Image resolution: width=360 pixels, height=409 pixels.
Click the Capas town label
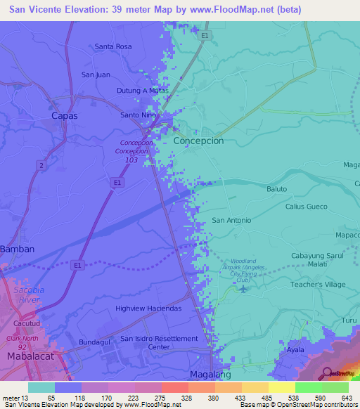64,115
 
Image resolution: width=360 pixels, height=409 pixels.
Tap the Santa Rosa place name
113,46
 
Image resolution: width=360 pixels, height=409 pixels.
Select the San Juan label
96,74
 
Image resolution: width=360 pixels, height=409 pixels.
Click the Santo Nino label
138,115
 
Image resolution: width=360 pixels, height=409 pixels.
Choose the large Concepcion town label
198,141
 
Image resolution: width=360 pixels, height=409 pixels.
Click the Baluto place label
276,189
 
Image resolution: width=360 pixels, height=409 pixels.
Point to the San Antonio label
231,220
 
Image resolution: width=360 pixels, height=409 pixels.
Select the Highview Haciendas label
148,309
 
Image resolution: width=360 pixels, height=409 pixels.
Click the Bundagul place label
96,342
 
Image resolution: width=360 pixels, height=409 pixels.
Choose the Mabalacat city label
30,356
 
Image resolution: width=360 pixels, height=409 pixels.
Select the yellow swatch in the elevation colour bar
281,387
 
